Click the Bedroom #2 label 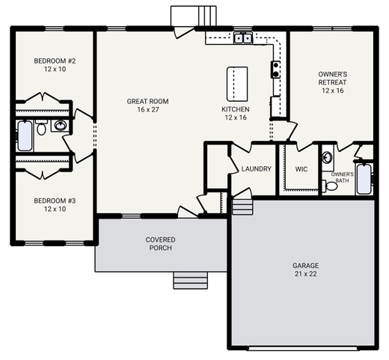(x=55, y=65)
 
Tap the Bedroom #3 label (x=55, y=205)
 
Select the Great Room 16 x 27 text (x=148, y=106)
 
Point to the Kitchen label (x=236, y=113)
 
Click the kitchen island (x=237, y=84)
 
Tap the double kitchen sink (x=243, y=38)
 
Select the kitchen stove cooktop (x=275, y=70)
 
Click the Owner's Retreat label (x=333, y=82)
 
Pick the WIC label (x=301, y=169)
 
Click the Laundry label (x=257, y=169)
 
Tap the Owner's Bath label (x=342, y=177)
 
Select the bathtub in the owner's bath (x=364, y=179)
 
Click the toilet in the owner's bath (x=330, y=186)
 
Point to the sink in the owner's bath (x=328, y=157)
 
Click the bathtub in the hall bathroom (x=25, y=136)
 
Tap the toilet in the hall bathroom (x=41, y=127)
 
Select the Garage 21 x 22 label (x=306, y=269)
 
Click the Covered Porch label (x=160, y=244)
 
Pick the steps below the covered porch (x=191, y=281)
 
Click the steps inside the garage (x=242, y=207)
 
